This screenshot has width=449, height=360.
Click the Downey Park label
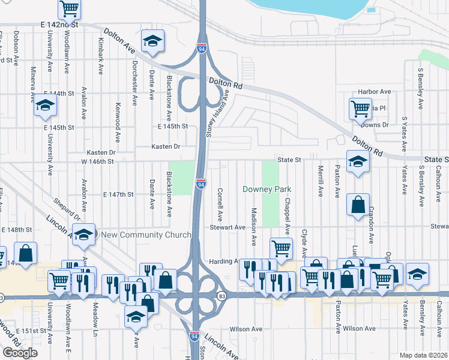tap(267, 189)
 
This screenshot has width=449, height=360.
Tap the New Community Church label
tap(146, 235)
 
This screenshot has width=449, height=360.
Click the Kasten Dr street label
tap(166, 146)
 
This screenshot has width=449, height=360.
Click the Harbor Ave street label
tap(374, 92)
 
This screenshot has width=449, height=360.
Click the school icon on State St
tap(358, 163)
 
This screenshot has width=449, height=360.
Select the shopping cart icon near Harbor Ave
tap(360, 109)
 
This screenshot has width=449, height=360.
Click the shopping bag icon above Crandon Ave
tap(358, 204)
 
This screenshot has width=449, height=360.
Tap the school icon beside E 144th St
tap(44, 106)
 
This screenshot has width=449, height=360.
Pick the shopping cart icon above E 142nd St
tap(70, 8)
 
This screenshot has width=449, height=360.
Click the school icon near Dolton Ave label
tap(152, 41)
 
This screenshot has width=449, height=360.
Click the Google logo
tap(20, 353)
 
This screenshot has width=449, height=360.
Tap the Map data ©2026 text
tap(423, 355)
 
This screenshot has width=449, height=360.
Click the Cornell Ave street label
tap(220, 203)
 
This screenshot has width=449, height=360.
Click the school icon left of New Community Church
tap(84, 233)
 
